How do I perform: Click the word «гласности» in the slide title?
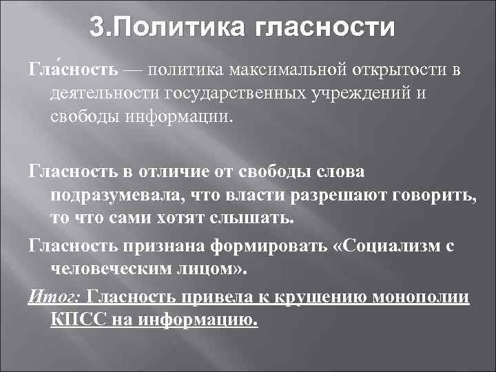point(325,29)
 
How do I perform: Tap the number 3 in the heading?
point(98,29)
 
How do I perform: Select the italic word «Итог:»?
point(54,296)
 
